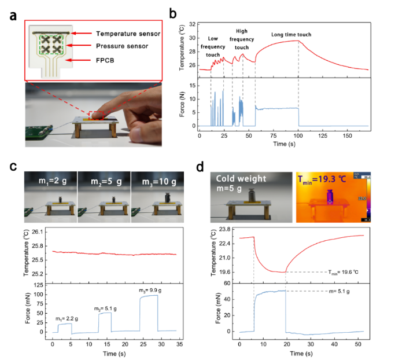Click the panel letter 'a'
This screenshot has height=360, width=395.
coord(12,14)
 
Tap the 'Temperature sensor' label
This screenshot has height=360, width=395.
coord(128,34)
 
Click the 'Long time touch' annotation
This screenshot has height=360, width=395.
coord(291,35)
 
